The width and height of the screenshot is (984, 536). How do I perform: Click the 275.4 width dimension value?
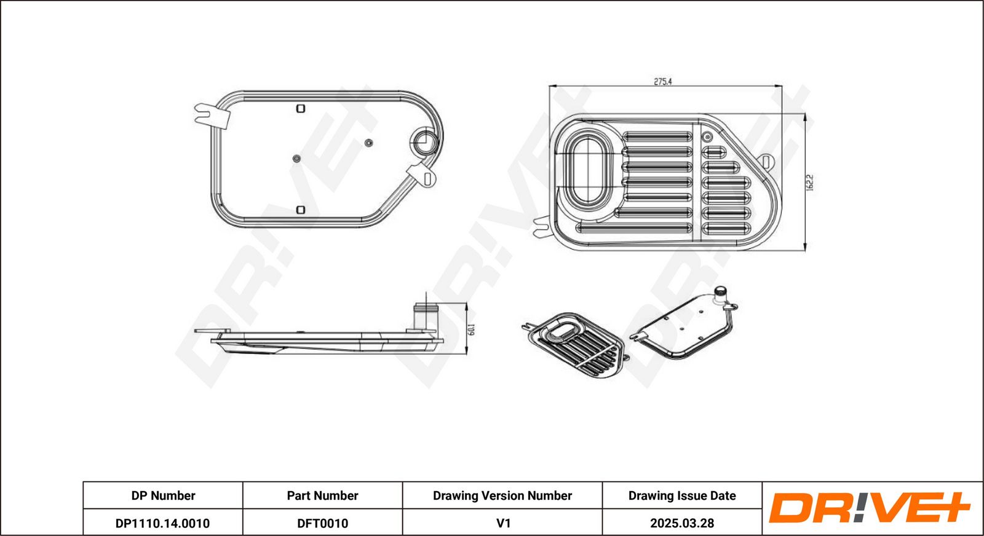click(663, 81)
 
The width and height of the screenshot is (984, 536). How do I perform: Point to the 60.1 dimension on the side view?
click(472, 329)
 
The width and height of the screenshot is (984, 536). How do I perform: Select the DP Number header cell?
click(163, 495)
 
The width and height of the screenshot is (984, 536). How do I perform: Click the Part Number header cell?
click(322, 495)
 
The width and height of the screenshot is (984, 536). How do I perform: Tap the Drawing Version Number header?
click(502, 495)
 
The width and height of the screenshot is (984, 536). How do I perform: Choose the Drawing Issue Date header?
click(682, 495)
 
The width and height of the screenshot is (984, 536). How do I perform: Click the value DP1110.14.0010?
click(162, 523)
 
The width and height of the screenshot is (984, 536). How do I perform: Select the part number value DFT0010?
click(322, 523)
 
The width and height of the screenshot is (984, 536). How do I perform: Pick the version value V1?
click(503, 523)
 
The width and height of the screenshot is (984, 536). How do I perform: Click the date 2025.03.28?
click(682, 523)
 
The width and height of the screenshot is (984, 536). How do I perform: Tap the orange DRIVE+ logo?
click(869, 508)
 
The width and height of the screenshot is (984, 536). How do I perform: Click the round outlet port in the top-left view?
click(424, 142)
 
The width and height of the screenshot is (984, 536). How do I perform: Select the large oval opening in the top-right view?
click(587, 170)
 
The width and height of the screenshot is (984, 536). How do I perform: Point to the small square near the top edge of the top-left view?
click(301, 108)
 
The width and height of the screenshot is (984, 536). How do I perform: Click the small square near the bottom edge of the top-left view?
click(301, 210)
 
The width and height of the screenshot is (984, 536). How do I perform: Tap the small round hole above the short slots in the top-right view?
click(707, 137)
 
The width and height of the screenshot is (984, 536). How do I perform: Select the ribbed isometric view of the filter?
click(576, 344)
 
